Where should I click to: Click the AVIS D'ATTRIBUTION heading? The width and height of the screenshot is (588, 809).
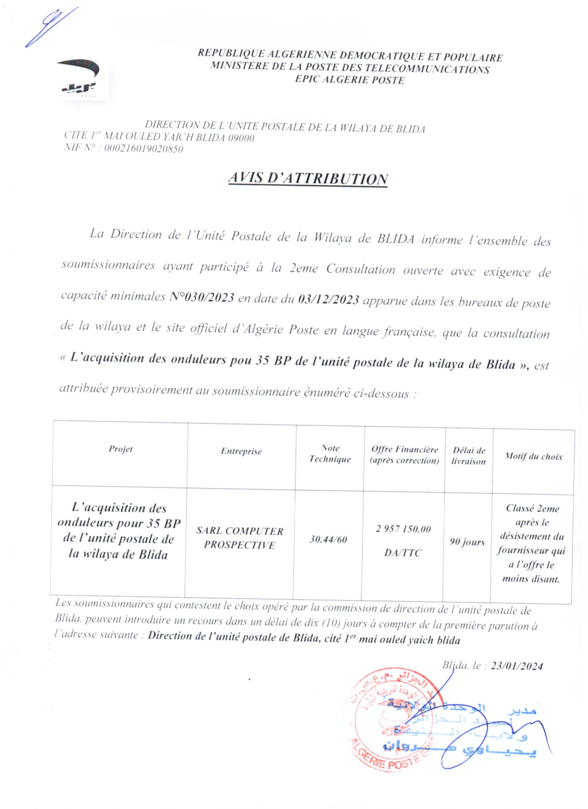coord(308,178)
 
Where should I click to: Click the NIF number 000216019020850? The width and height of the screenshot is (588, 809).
coord(143,149)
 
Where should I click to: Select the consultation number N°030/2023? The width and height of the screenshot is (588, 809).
coord(202,297)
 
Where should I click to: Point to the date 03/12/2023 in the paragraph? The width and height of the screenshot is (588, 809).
coord(329,300)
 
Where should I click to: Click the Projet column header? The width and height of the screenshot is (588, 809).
coord(121,449)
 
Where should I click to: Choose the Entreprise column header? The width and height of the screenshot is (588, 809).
coord(241,451)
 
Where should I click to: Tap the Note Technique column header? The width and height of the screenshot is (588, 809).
coord(330,453)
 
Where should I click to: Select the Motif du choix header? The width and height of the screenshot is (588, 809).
coord(533,457)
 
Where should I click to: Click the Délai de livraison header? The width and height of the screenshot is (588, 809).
coord(469,456)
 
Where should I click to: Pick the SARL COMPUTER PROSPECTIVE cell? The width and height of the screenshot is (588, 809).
coord(240,538)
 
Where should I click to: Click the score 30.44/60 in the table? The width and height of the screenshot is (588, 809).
coord(328,539)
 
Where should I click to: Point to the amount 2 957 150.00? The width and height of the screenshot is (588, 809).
coord(403,529)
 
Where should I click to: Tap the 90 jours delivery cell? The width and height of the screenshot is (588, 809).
coord(467,542)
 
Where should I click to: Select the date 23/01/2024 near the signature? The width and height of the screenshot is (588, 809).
coord(517,666)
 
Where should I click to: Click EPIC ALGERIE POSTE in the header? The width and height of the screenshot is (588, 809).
coord(350,80)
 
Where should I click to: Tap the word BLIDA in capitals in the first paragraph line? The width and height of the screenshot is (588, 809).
coord(395,239)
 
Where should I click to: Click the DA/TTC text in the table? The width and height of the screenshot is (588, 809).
coord(403,553)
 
